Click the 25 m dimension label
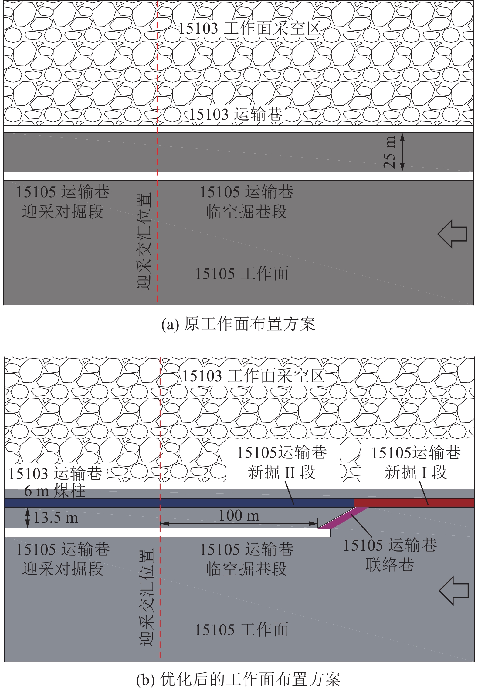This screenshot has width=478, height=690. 390,152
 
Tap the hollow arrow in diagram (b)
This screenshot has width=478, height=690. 454,590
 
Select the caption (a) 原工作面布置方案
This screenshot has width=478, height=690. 238,324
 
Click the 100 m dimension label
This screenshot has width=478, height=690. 239,515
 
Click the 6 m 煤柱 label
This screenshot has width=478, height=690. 55,491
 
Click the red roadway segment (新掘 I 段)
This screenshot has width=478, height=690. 414,503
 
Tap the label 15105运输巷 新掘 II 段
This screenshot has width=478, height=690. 282,462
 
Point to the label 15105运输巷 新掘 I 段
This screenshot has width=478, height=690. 416,462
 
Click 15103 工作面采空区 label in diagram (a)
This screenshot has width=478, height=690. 249,29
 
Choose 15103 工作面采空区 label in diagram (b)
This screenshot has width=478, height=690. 253,376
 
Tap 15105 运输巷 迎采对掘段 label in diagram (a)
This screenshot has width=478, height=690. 63,202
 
